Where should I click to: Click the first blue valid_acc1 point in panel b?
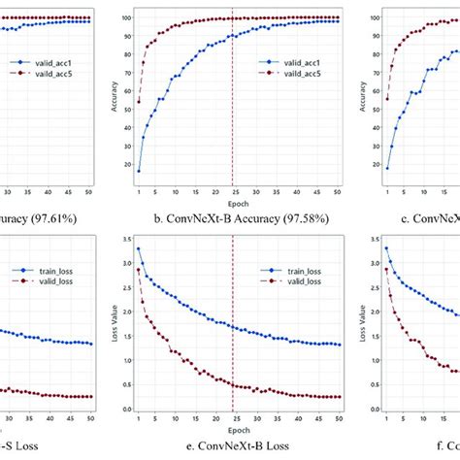coord(139,170)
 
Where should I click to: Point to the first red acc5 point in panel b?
coord(139,101)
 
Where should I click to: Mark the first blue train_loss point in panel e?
coord(139,249)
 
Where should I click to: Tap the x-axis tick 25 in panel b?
coord(234,192)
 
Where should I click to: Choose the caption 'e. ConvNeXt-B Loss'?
coord(238,447)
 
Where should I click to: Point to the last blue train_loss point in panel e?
coord(338,344)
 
